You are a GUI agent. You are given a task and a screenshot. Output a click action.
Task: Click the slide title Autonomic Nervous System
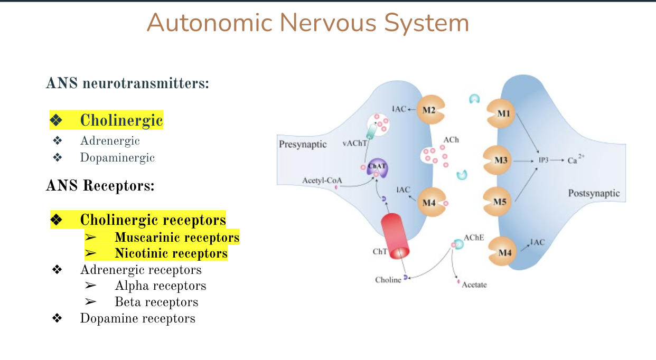tap(307, 23)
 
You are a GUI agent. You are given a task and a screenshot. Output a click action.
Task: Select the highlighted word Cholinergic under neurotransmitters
tap(121, 120)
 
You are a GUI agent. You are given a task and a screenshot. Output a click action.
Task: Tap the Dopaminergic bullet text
tap(117, 157)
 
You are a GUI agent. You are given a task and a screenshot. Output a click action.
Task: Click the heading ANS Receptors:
tap(100, 186)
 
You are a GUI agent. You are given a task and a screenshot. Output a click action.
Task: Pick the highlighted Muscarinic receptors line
tap(177, 237)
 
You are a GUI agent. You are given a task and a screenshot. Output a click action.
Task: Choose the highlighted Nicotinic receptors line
tap(171, 253)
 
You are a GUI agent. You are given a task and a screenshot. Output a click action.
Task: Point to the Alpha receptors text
tap(160, 286)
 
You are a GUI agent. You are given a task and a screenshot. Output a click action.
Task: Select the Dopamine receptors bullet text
tap(137, 318)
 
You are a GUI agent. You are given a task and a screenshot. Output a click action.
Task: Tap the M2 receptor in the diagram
tap(429, 110)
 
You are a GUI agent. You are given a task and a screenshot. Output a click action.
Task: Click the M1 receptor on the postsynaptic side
tap(502, 113)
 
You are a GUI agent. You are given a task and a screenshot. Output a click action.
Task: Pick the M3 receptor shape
tap(499, 159)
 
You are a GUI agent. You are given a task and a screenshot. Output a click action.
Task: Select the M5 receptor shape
tap(499, 202)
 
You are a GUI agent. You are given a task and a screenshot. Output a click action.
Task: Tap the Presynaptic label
tap(303, 144)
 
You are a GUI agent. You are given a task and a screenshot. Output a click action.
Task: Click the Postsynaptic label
tap(593, 193)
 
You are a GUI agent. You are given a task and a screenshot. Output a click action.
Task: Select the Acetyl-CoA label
tap(322, 181)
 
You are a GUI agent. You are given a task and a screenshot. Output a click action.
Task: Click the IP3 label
tap(543, 160)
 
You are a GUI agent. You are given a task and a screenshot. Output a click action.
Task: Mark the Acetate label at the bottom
tap(474, 285)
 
